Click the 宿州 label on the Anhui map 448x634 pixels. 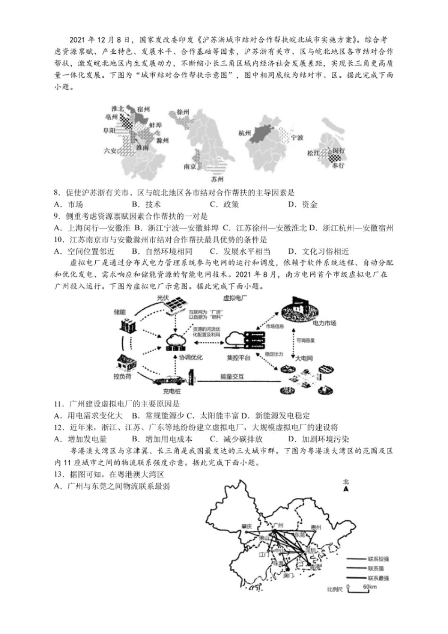click(x=143, y=109)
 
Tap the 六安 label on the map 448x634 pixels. click(x=110, y=150)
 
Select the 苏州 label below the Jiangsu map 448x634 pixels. click(x=217, y=179)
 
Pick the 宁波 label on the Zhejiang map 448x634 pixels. click(x=297, y=138)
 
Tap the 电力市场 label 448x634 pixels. click(x=324, y=324)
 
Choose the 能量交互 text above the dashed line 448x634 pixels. click(x=232, y=377)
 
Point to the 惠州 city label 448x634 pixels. click(x=315, y=527)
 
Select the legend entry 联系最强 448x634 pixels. click(x=379, y=578)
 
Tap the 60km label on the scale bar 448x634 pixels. click(x=370, y=587)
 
